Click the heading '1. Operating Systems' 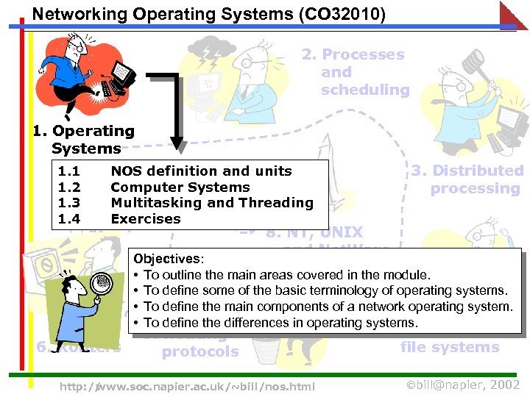click(84, 140)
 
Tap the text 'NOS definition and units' click(201, 171)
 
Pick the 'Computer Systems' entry click(180, 187)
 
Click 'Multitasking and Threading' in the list click(212, 203)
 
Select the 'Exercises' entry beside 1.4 click(145, 219)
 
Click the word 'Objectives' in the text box click(167, 259)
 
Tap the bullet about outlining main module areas click(287, 275)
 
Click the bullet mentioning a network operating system click(328, 307)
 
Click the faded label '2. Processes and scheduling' click(364, 72)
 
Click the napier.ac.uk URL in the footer click(187, 386)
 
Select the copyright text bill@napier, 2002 click(464, 385)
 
